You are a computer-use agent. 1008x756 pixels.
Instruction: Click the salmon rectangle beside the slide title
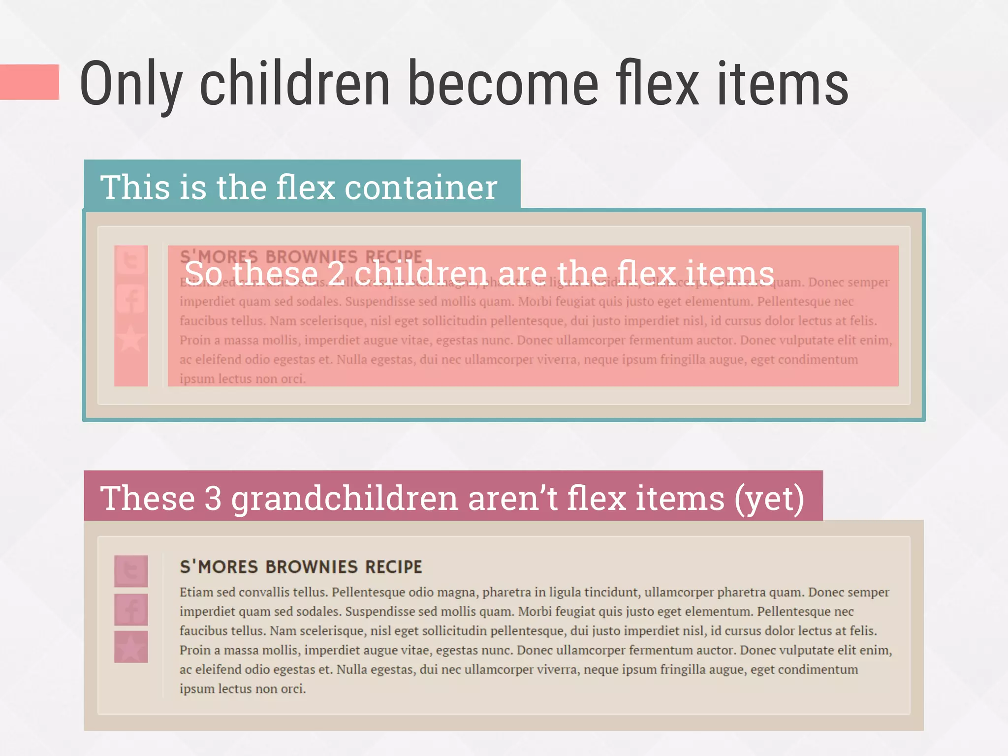coord(30,82)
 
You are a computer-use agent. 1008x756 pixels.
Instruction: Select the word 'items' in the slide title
coord(783,83)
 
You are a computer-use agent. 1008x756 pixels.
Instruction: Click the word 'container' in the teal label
coord(421,188)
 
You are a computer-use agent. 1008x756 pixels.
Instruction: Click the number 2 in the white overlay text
coord(336,273)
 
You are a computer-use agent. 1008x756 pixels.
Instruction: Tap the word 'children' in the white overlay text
coord(422,273)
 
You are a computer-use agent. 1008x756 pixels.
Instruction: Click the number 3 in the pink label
coord(213,498)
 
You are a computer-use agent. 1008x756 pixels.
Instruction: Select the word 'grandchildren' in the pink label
coord(345,498)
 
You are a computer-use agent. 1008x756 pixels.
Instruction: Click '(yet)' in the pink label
coord(769,498)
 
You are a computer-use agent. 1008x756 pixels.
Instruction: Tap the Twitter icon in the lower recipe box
coord(131,571)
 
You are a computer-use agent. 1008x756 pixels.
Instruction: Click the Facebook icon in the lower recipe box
coord(131,609)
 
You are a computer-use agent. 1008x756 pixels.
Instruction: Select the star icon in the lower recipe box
coord(131,647)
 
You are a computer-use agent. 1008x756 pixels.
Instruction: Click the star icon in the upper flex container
coord(131,338)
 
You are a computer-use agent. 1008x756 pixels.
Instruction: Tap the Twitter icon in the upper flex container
coord(131,260)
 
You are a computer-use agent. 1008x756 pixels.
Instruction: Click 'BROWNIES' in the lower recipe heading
coord(312,567)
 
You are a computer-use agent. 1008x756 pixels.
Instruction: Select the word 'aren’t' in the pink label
coord(512,498)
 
